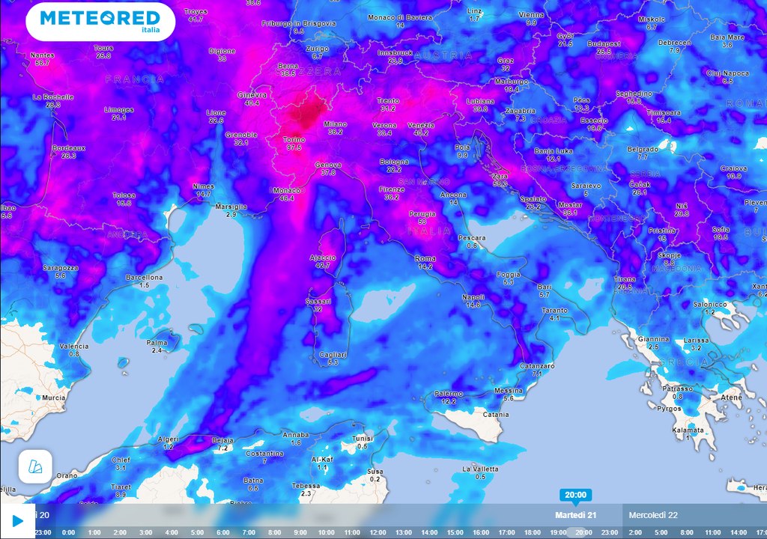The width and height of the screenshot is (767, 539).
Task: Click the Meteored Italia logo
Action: click(100, 21)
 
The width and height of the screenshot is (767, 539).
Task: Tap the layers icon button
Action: click(35, 466)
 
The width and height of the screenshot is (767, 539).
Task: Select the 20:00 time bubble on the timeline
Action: click(575, 495)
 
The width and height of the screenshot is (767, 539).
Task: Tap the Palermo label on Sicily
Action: click(448, 394)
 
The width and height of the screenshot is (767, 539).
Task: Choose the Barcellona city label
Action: click(144, 278)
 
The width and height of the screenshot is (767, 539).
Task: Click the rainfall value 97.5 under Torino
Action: click(294, 147)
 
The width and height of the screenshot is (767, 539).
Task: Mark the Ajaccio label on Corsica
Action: click(323, 258)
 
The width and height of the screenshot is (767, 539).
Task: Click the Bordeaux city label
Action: click(69, 148)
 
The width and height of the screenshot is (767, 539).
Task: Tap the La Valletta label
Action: click(479, 469)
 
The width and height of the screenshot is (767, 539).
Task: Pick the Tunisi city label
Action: click(363, 439)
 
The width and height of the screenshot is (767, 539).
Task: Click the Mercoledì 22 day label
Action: click(653, 515)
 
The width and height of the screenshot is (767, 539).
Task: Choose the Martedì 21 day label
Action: click(575, 515)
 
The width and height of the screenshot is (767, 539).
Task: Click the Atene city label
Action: click(730, 398)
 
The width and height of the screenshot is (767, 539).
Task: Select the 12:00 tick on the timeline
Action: click(378, 532)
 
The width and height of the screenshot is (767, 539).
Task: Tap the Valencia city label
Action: click(74, 347)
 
